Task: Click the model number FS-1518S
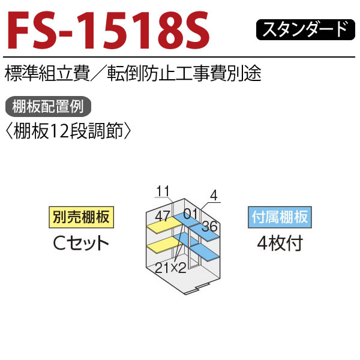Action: click(109, 30)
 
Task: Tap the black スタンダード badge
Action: click(305, 29)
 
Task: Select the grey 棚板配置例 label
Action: click(48, 107)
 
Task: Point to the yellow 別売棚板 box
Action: click(81, 217)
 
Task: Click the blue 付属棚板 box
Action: click(280, 217)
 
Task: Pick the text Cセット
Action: click(81, 244)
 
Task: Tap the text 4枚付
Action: click(280, 244)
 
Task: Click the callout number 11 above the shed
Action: click(163, 191)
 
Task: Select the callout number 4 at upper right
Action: click(214, 196)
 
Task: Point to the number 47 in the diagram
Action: click(163, 216)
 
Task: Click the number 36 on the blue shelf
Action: click(210, 226)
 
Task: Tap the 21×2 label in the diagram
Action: click(170, 268)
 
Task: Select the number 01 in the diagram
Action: click(190, 214)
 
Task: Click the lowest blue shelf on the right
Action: click(205, 253)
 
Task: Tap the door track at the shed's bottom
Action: click(197, 289)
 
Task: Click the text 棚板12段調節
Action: click(68, 131)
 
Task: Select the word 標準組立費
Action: click(47, 73)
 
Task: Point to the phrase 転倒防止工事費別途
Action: click(184, 73)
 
